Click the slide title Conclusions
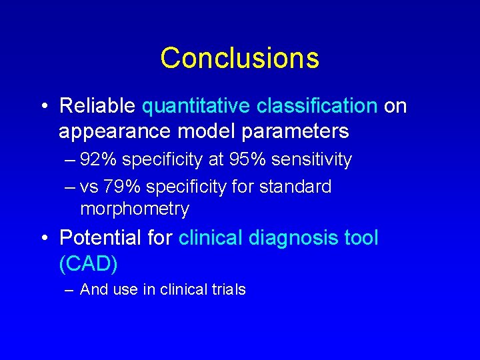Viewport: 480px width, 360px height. pos(239,58)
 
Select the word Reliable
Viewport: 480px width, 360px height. pos(98,106)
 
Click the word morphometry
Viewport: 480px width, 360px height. pos(135,209)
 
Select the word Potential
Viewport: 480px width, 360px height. pos(100,237)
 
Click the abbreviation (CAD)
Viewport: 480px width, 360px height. pos(88,263)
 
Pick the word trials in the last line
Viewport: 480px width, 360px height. pos(228,289)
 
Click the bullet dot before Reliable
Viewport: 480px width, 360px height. pos(43,107)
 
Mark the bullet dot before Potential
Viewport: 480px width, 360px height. pos(43,238)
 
